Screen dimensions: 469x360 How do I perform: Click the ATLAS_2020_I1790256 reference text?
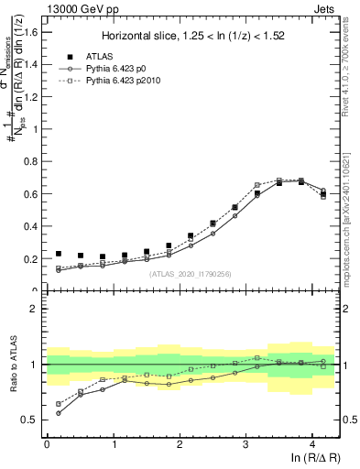(189, 274)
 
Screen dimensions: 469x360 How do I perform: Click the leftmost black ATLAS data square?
(59, 254)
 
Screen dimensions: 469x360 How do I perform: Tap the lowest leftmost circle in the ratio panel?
(59, 413)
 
